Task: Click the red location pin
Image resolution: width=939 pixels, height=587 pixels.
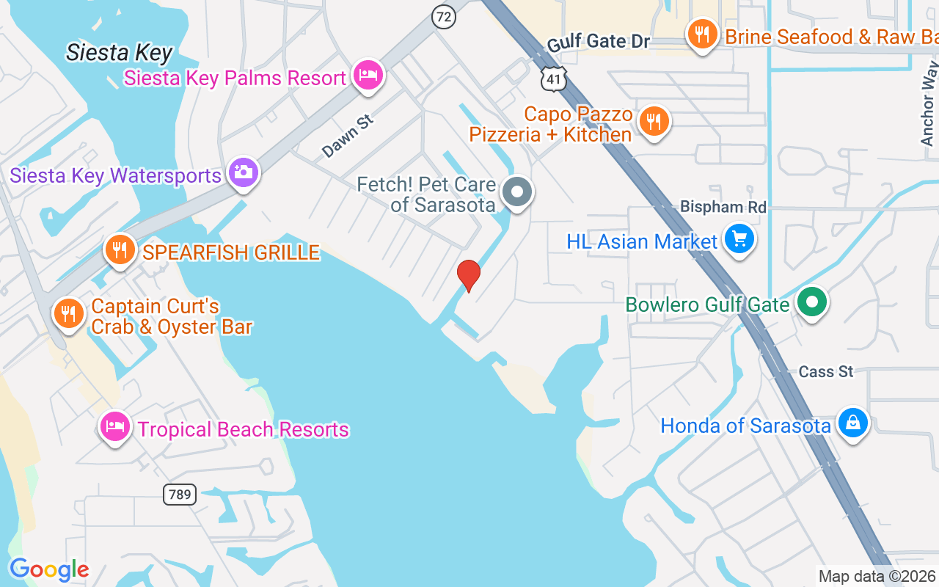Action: [x=469, y=276]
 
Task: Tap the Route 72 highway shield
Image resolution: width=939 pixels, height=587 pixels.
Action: [x=443, y=16]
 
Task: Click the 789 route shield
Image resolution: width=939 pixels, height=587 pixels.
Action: [x=179, y=495]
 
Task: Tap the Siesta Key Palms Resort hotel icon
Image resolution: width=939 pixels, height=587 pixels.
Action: [x=368, y=75]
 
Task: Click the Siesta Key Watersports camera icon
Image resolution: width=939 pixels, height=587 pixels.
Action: [x=244, y=172]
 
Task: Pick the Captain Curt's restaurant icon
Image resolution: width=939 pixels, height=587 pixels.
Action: [x=69, y=314]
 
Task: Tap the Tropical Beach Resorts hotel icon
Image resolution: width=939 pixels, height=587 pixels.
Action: [x=116, y=426]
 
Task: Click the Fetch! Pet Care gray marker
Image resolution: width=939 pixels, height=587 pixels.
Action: [x=517, y=192]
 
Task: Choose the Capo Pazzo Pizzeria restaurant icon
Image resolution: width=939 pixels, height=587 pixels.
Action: [x=653, y=121]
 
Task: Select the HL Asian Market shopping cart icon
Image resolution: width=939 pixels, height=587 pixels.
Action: [x=739, y=238]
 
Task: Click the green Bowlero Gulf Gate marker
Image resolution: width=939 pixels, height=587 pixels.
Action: [x=811, y=302]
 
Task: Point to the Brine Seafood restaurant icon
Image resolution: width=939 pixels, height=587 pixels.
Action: [x=703, y=34]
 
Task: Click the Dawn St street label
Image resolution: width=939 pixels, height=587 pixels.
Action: [x=347, y=136]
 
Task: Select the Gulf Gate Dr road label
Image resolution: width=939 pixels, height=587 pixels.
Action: [x=599, y=42]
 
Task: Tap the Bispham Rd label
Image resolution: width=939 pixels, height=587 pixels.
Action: [x=723, y=207]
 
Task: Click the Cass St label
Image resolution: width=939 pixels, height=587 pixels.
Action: [x=826, y=372]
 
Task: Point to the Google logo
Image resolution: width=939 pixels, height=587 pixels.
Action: [x=49, y=570]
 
